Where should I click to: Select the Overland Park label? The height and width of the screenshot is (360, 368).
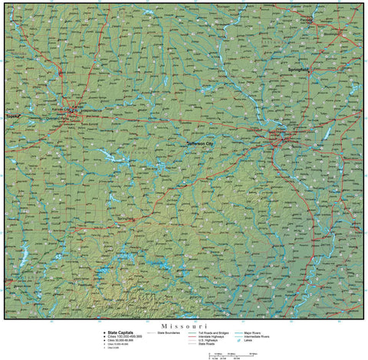[x=59, y=119]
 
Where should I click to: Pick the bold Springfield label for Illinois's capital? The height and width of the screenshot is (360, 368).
[x=297, y=70]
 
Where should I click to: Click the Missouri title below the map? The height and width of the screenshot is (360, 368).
[x=185, y=325]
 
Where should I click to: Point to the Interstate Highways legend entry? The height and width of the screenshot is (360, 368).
[x=219, y=336]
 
